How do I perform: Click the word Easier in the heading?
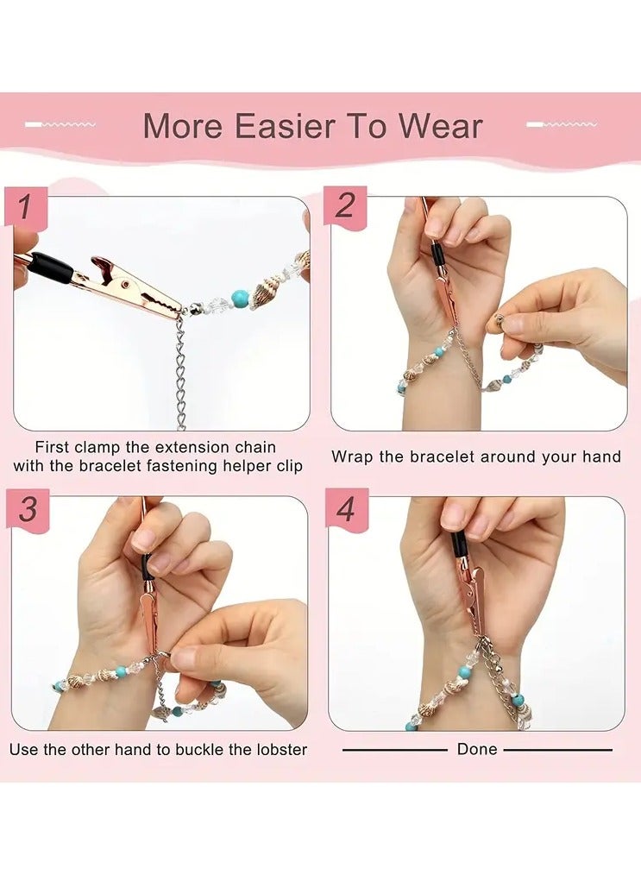click(x=282, y=126)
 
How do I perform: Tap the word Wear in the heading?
click(x=439, y=126)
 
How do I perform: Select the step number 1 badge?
click(x=26, y=208)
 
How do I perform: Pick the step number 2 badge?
click(x=345, y=206)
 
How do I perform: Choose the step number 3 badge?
click(x=28, y=509)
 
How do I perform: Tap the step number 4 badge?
click(x=346, y=509)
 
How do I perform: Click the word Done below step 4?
click(x=477, y=749)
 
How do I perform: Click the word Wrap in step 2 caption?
click(x=352, y=456)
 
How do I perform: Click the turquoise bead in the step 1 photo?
click(x=240, y=299)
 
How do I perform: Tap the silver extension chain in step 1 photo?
click(x=180, y=371)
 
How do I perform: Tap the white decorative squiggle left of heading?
click(x=60, y=125)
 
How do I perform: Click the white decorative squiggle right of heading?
click(x=562, y=125)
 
